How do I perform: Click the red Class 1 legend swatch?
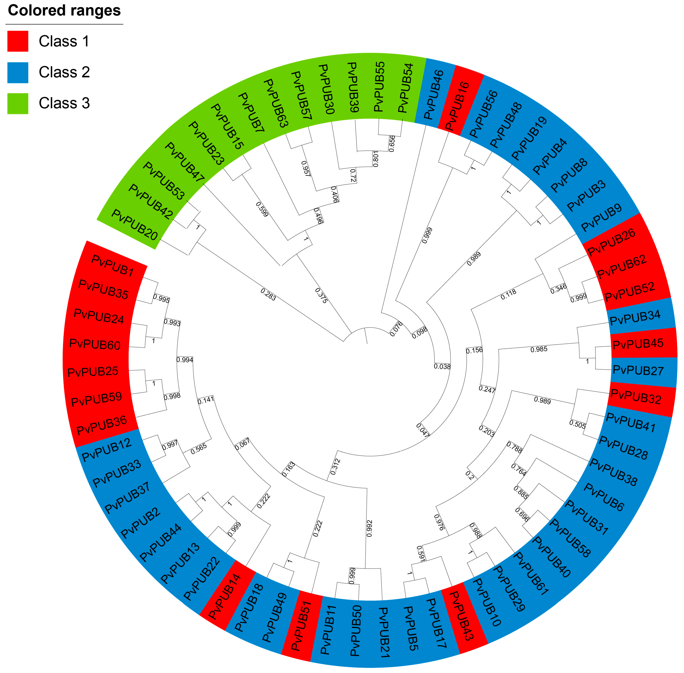click(x=18, y=41)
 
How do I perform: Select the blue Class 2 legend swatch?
click(x=18, y=73)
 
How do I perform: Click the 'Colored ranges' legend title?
click(x=64, y=11)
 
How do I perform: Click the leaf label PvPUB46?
click(x=433, y=94)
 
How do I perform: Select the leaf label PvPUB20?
click(x=134, y=225)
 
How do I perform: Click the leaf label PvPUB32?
click(x=636, y=396)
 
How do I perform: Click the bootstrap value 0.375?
click(x=321, y=296)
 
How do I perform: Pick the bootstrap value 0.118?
click(x=508, y=294)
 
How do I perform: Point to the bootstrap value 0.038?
click(x=442, y=367)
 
